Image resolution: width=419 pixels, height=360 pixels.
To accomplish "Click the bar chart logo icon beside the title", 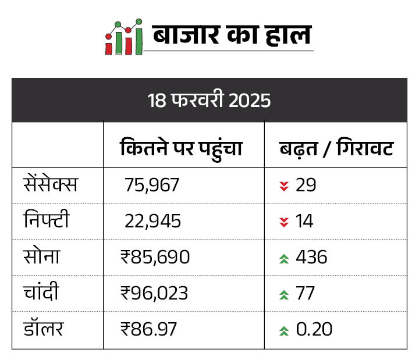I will coord(124,38).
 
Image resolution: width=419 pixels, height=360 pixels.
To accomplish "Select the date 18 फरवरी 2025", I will coord(210,100).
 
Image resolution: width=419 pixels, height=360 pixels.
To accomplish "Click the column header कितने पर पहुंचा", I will coord(181,149).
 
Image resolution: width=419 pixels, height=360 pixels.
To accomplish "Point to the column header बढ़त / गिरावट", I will coord(336,149).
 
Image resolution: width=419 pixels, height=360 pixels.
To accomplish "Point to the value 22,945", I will coord(152,222).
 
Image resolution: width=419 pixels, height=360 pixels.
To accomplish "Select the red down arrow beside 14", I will coord(284,222).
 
